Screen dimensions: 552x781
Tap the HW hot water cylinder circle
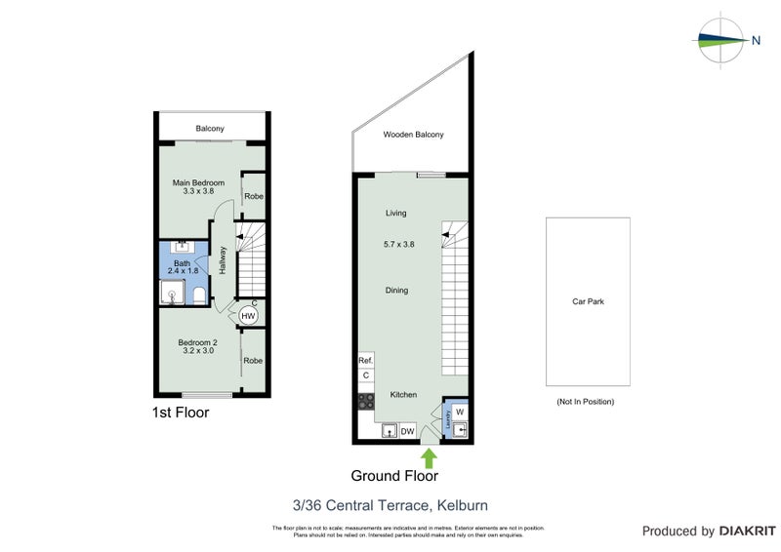[x=248, y=316]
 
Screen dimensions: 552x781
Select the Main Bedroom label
[x=198, y=183]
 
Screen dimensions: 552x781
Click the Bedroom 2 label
[x=196, y=342]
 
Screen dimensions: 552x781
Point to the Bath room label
[x=182, y=263]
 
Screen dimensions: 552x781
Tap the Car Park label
[x=588, y=301]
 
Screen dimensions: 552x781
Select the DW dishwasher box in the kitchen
[x=408, y=430]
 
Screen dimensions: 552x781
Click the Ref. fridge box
[x=366, y=360]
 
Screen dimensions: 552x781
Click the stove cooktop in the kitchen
[x=367, y=400]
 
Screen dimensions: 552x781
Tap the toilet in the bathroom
[x=197, y=296]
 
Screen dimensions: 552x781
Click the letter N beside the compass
[x=756, y=40]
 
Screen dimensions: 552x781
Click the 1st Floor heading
[x=181, y=413]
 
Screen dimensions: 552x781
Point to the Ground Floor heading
[x=394, y=477]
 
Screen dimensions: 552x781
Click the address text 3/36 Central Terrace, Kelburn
[x=390, y=505]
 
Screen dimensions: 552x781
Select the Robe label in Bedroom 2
[x=253, y=360]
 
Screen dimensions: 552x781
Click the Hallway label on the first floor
[x=224, y=258]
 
